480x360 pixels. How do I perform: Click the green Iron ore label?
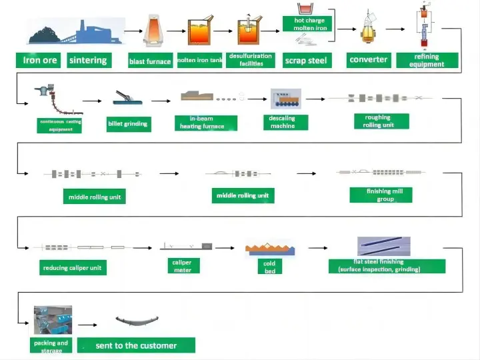pyautogui.click(x=40, y=60)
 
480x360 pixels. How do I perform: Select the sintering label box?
pyautogui.click(x=88, y=60)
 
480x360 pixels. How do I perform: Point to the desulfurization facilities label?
pyautogui.click(x=251, y=60)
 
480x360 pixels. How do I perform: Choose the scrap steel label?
pyautogui.click(x=305, y=61)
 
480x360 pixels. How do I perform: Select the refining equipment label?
pyautogui.click(x=427, y=61)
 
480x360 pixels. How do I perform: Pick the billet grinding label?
pyautogui.click(x=128, y=123)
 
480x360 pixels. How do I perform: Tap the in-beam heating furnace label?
pyautogui.click(x=205, y=123)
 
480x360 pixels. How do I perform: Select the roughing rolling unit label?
pyautogui.click(x=378, y=121)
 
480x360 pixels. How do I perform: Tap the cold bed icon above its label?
pyautogui.click(x=270, y=249)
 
